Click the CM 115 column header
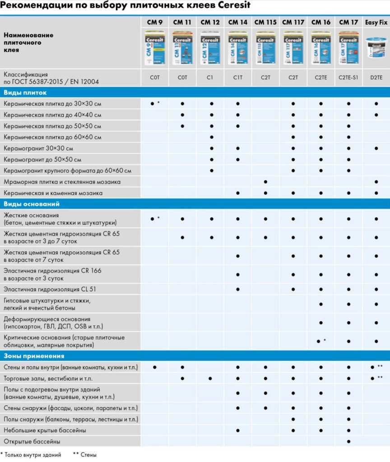[x=265, y=22]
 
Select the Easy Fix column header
[x=376, y=22]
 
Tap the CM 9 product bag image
[x=155, y=47]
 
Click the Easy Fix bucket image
[x=376, y=49]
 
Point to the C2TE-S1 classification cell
[x=348, y=78]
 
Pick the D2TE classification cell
[x=376, y=78]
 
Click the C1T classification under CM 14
[x=238, y=78]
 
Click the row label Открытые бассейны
[x=32, y=441]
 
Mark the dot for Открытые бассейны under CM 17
[x=348, y=441]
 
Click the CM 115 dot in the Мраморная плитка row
[x=265, y=182]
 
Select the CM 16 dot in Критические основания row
[x=319, y=342]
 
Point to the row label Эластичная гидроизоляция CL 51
[x=50, y=289]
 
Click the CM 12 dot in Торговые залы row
[x=210, y=378]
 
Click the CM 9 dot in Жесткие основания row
[x=153, y=219]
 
